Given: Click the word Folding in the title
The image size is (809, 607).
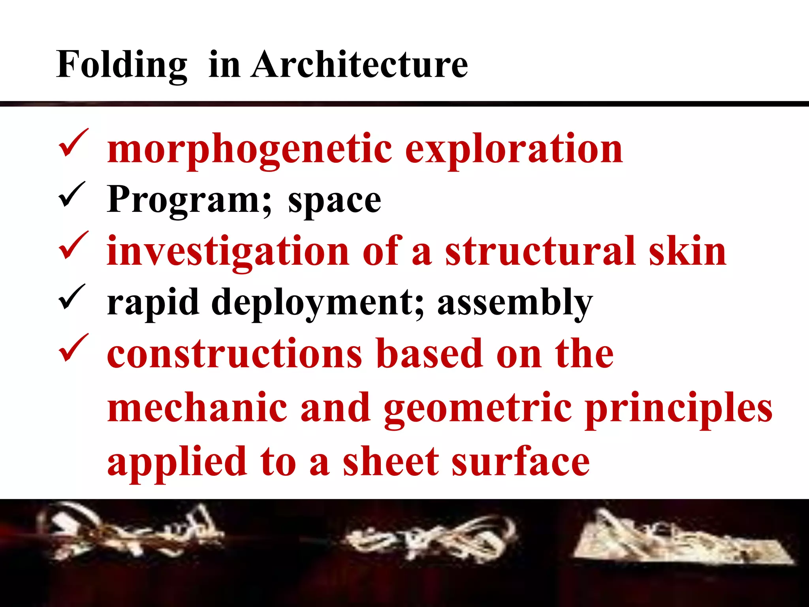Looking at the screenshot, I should click(122, 65).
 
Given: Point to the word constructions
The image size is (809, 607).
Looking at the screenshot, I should click(234, 354).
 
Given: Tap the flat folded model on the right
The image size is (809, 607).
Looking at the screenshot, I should click(679, 539).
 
